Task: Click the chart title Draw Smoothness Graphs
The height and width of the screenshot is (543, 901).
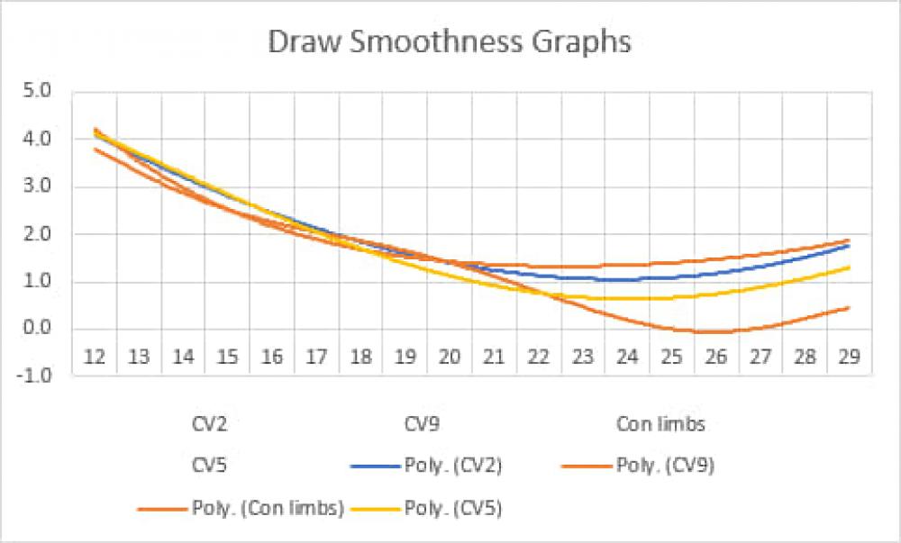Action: point(450,42)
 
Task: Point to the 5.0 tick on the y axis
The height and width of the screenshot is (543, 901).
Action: point(43,92)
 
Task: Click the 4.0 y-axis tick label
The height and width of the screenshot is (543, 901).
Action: point(43,140)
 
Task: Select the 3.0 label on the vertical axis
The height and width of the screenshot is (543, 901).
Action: point(43,187)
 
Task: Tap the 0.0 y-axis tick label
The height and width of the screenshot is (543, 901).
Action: point(43,328)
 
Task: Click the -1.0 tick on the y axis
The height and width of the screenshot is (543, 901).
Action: point(41,376)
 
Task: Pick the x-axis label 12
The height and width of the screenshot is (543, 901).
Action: point(95,357)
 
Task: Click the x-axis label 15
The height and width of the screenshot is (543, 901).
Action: point(228,357)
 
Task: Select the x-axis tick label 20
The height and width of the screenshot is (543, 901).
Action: point(450,357)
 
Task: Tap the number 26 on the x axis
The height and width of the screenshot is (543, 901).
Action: point(715,357)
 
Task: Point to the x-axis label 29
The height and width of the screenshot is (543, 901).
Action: point(848,357)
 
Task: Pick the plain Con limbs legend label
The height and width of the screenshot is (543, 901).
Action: point(660,423)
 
